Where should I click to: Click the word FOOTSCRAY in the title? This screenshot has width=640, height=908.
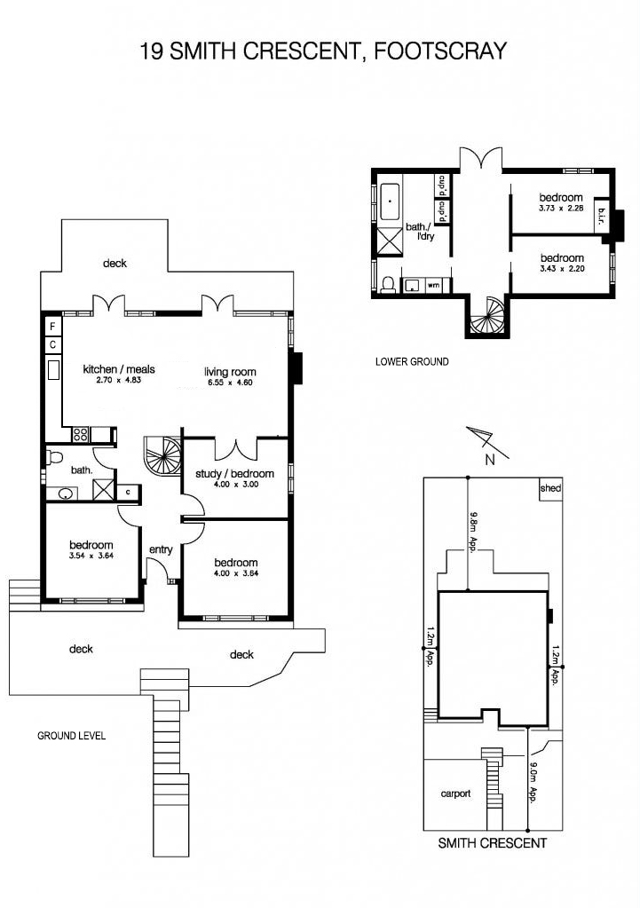tap(440, 51)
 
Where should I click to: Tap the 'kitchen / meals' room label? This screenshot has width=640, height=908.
tap(119, 369)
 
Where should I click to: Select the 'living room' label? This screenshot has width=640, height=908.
tap(230, 372)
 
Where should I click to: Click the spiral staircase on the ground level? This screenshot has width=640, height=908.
tap(162, 455)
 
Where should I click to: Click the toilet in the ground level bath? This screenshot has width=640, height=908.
tap(55, 457)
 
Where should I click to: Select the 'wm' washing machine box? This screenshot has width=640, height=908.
tap(432, 285)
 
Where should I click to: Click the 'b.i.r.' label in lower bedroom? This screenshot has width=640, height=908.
tap(601, 217)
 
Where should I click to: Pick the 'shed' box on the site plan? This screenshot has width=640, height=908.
tap(550, 488)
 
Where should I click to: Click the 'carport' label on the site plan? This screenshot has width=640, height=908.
tap(455, 794)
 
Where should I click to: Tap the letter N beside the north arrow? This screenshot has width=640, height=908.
tap(491, 461)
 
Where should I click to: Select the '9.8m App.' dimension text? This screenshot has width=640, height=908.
tap(473, 533)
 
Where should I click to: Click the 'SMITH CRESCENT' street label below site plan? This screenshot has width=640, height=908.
tap(492, 843)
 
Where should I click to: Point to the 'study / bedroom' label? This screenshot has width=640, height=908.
tap(234, 474)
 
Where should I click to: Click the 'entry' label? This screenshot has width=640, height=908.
tap(161, 549)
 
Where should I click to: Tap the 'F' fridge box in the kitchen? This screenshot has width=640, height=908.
tap(52, 327)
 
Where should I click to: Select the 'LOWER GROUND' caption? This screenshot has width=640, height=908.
tap(412, 362)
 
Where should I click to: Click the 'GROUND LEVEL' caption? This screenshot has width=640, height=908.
tap(72, 736)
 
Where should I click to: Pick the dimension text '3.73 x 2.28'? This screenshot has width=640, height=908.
tap(561, 209)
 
